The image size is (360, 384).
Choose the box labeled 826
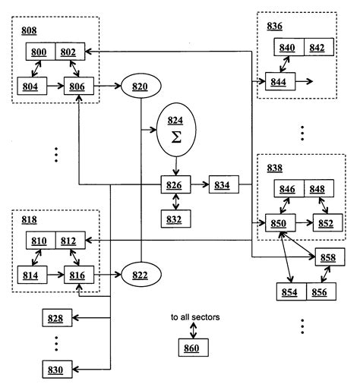click(x=176, y=184)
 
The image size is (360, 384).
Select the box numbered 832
click(x=176, y=219)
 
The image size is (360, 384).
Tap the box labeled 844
click(x=279, y=81)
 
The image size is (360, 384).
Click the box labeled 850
click(x=279, y=223)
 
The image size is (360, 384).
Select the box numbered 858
click(x=328, y=258)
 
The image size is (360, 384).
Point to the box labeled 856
click(x=319, y=292)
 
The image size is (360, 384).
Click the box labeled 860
click(x=193, y=348)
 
